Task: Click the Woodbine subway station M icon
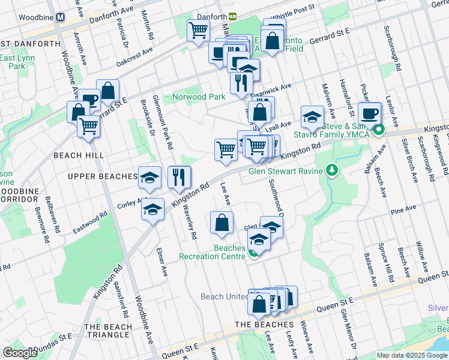[x=60, y=17]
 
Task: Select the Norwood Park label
[x=198, y=97]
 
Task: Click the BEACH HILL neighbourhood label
[x=79, y=155]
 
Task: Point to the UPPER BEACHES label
[x=103, y=176]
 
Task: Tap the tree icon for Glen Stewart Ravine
[x=331, y=171]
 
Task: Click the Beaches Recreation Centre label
[x=212, y=252]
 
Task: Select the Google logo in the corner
[x=20, y=353]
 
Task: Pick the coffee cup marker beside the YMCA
[x=370, y=113]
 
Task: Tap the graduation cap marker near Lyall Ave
[x=312, y=117]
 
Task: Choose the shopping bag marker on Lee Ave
[x=221, y=223]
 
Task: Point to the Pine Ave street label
[x=403, y=209]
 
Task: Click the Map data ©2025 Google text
[x=412, y=355]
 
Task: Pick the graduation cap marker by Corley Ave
[x=153, y=209]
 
